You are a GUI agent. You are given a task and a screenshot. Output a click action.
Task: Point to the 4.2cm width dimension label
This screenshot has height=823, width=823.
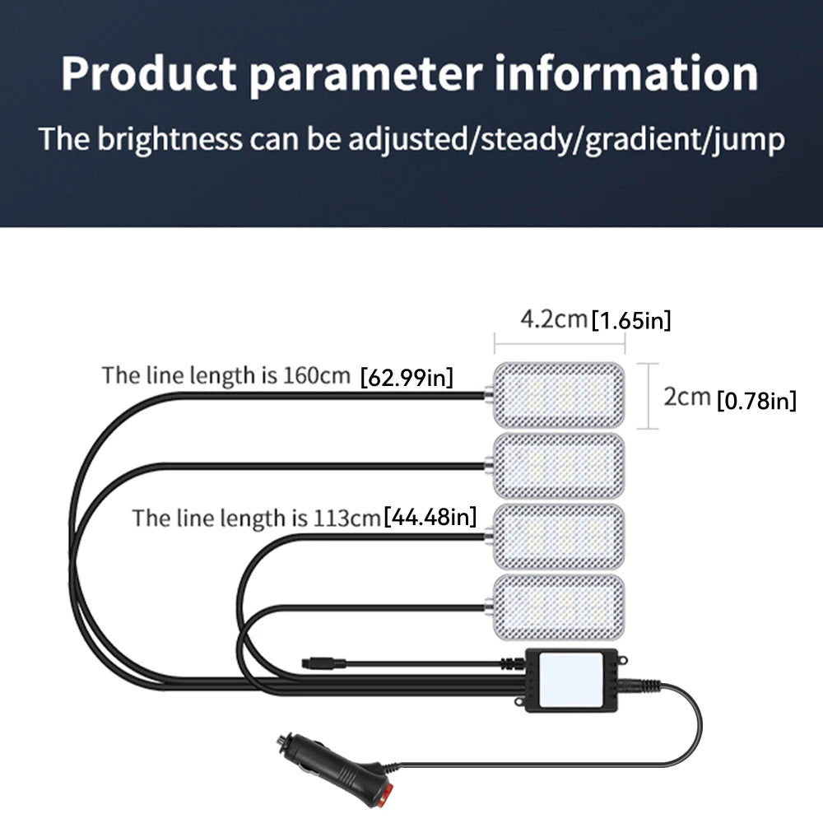[553, 319]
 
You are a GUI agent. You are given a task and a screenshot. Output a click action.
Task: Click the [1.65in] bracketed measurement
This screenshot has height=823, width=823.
[631, 320]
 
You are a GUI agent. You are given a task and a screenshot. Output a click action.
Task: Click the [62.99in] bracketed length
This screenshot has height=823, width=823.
[407, 378]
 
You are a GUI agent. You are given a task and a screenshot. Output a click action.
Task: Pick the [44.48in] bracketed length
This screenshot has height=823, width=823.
[430, 517]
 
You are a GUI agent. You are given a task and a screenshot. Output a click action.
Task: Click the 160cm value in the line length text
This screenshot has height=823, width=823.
[317, 375]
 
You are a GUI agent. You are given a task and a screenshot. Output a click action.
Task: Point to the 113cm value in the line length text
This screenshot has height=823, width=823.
[347, 518]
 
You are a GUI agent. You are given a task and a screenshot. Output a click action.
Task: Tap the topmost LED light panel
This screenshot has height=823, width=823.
[559, 395]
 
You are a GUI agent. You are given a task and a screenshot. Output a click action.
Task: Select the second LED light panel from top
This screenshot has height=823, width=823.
[559, 466]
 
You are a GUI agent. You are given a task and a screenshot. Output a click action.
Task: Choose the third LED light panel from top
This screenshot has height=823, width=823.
[559, 537]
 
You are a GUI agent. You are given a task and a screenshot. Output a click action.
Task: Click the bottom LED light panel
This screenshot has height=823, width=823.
[559, 607]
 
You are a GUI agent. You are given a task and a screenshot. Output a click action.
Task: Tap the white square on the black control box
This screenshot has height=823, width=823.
[570, 679]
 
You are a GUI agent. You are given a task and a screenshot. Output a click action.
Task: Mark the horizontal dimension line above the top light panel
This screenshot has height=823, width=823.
[560, 344]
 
